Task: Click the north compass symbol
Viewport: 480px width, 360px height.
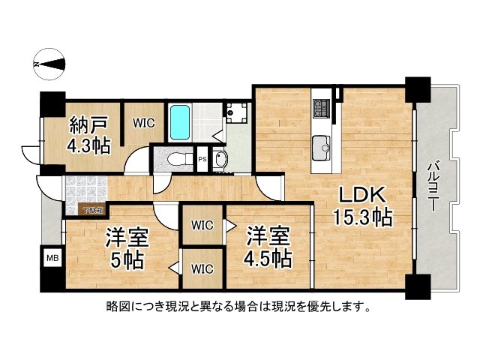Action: coord(51,64)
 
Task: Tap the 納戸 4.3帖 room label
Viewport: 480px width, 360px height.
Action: coord(90,135)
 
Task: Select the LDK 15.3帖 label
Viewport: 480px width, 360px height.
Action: coord(363,207)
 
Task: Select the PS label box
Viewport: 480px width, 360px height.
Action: coord(202,159)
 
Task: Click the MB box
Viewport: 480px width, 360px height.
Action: coord(52,259)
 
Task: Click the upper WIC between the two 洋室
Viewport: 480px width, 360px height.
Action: coord(202,225)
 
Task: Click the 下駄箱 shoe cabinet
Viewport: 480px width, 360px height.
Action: coord(93,210)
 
